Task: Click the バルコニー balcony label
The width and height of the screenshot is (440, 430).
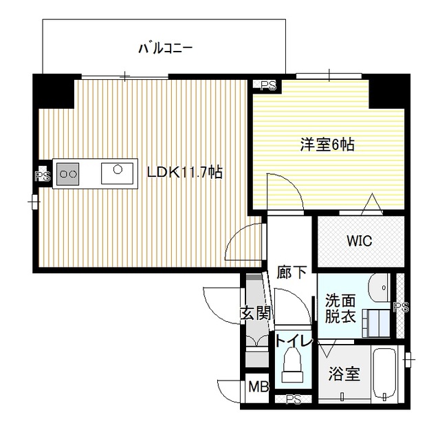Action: (165, 48)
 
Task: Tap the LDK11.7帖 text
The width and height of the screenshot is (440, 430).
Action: (185, 172)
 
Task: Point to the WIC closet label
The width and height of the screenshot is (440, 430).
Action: (359, 241)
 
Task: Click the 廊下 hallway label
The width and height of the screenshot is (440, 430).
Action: (292, 273)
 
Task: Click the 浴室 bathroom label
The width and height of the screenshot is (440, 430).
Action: (344, 375)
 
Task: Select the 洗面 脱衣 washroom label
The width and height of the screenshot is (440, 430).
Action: (341, 309)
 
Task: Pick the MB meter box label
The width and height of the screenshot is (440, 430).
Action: (258, 387)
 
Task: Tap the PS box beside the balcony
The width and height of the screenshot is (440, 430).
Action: (268, 85)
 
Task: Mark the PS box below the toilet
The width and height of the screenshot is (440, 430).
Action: (294, 399)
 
